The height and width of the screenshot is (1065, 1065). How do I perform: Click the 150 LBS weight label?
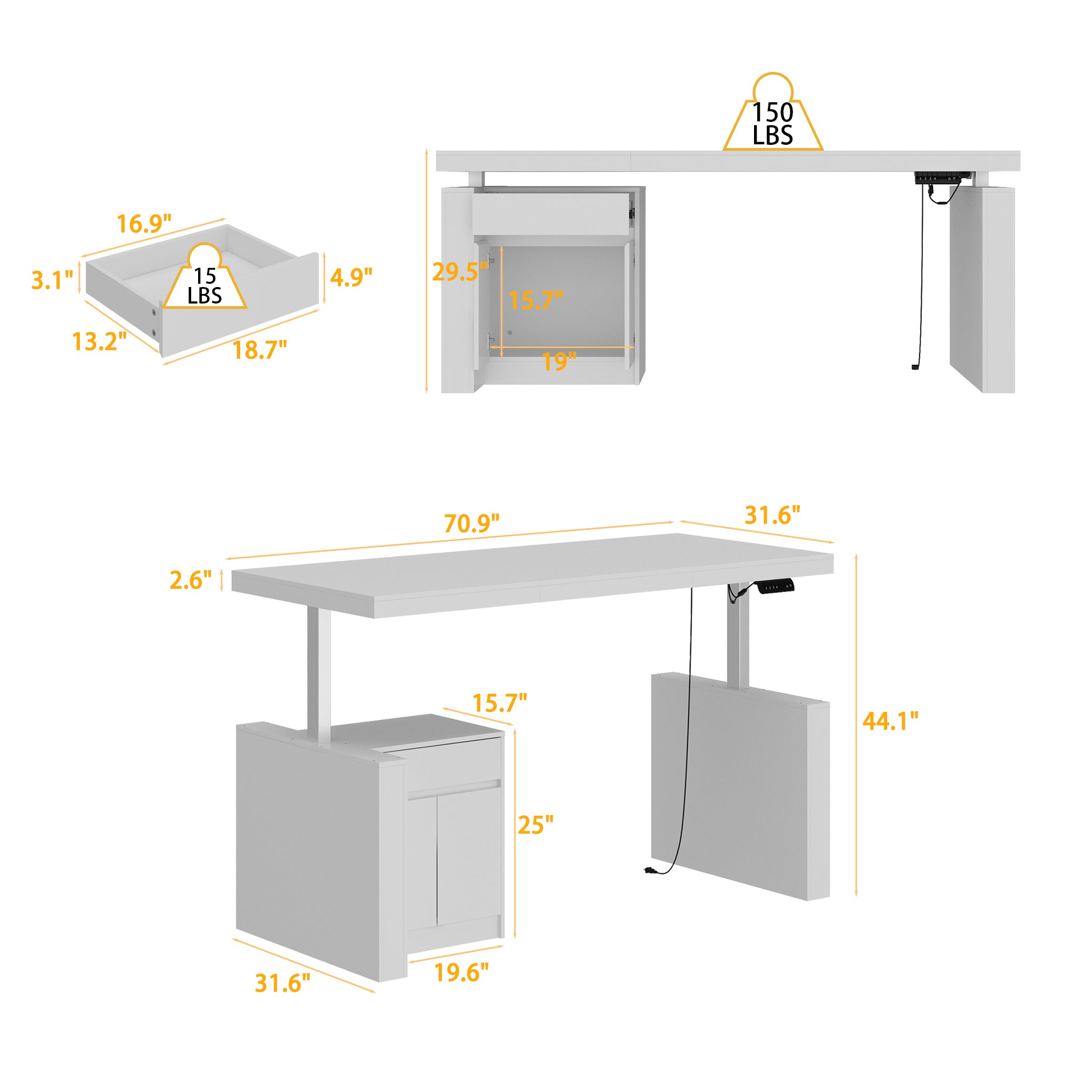772,124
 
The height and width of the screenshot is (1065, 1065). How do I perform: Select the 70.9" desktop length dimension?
472,523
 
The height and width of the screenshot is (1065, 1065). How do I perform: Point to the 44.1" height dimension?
890,722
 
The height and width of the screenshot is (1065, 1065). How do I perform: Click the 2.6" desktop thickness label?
190,580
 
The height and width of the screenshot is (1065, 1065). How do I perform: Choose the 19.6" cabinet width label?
461,972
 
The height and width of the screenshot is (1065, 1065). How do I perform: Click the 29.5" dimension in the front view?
459,272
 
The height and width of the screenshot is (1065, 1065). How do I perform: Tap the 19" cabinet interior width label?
559,362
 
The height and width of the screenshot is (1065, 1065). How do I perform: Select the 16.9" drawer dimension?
144,224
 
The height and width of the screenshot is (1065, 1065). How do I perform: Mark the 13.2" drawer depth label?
99,342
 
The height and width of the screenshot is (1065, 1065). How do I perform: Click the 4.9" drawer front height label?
351,277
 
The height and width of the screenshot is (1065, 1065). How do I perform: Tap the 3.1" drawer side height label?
52,281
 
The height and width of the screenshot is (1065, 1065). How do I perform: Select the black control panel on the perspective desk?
776,586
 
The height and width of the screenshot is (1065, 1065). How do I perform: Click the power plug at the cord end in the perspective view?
649,871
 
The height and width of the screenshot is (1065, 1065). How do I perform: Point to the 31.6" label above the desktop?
772,515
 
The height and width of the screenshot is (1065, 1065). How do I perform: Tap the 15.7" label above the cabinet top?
499,703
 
